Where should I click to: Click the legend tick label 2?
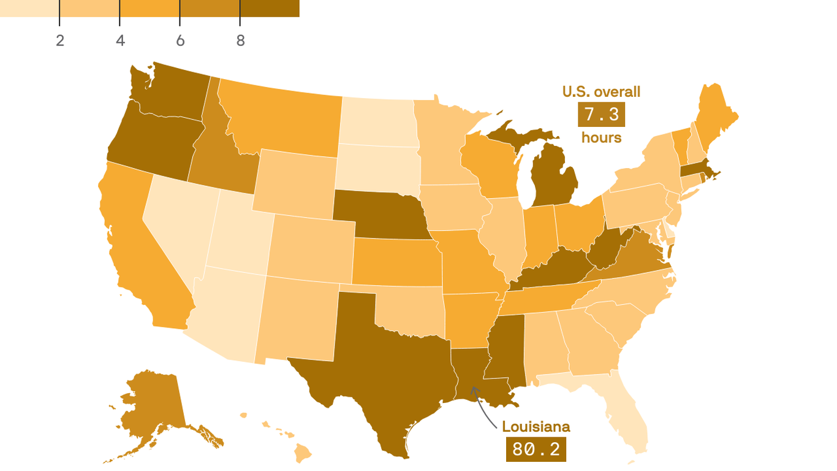click(x=59, y=40)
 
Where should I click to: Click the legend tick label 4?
click(x=120, y=40)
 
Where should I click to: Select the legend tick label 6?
click(x=180, y=40)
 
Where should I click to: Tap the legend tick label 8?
click(x=240, y=40)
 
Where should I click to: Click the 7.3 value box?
click(x=601, y=115)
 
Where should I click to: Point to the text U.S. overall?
click(x=601, y=92)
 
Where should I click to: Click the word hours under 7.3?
click(x=601, y=137)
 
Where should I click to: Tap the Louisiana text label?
click(x=536, y=427)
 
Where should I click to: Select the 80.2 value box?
click(x=536, y=450)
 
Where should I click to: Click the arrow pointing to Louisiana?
click(x=482, y=408)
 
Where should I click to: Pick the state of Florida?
click(x=625, y=417)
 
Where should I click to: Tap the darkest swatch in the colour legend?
click(x=270, y=8)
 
